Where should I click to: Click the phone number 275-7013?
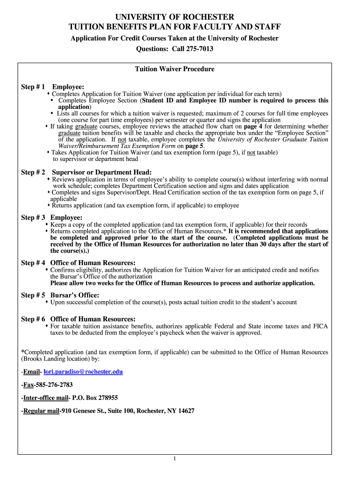(x=199, y=49)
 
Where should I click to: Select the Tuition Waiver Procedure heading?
(x=174, y=69)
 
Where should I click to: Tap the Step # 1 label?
(x=33, y=87)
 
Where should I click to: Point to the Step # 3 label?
(x=33, y=218)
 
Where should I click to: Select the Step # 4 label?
(x=33, y=263)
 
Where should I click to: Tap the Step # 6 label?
(x=33, y=319)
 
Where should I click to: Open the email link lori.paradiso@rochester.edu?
(x=83, y=371)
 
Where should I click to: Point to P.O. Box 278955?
(x=94, y=398)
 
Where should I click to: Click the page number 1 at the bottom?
(x=174, y=458)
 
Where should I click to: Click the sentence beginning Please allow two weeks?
(x=182, y=283)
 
